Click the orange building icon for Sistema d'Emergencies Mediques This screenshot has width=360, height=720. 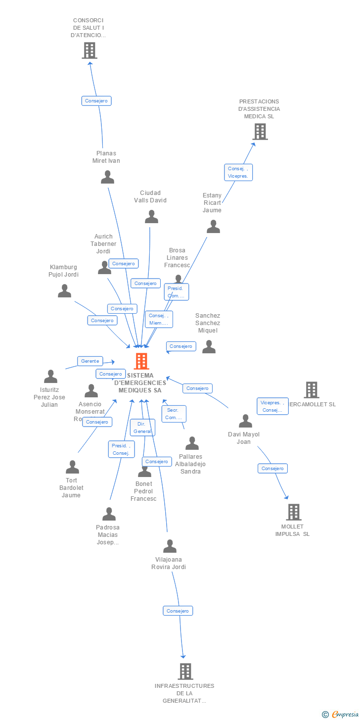[x=141, y=361]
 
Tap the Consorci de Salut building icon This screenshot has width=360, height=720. [x=90, y=50]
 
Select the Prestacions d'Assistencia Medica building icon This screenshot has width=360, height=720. [x=260, y=132]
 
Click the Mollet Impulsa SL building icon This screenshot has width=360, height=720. [x=293, y=512]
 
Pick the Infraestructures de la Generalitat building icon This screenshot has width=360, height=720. [x=185, y=671]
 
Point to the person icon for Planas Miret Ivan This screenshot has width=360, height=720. [x=107, y=177]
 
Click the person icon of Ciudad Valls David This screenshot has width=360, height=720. [x=151, y=217]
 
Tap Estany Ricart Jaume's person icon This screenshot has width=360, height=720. [x=213, y=227]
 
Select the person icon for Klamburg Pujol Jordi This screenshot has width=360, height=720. [x=64, y=291]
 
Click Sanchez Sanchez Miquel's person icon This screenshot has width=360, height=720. [x=209, y=347]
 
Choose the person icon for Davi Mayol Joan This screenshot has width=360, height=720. [x=245, y=421]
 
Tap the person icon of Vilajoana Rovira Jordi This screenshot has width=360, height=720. [x=170, y=546]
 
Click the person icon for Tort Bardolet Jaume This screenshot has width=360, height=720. [x=72, y=467]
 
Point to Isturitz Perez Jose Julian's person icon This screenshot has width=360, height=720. [x=50, y=377]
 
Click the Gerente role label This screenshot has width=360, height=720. [x=90, y=361]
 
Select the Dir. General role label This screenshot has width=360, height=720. [x=142, y=428]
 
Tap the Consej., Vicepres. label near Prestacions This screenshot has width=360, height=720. [x=238, y=172]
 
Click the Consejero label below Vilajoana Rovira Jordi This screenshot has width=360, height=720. [x=178, y=611]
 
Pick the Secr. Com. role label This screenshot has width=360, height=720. [x=174, y=414]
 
